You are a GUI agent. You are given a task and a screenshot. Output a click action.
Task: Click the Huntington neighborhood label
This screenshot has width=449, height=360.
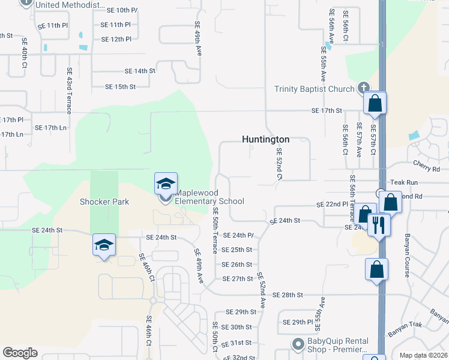pos(265,139)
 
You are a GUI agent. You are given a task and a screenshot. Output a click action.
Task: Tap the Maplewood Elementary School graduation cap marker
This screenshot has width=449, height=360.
pos(166,184)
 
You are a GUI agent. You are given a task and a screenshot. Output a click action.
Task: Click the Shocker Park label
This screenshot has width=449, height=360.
pos(104,202)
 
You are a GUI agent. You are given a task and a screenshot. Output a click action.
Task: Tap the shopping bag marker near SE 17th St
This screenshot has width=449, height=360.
pos(375,103)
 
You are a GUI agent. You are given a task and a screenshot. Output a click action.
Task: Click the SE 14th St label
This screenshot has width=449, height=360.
pos(140,71)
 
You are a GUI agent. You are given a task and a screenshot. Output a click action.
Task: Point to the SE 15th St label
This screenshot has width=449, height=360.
pos(121,87)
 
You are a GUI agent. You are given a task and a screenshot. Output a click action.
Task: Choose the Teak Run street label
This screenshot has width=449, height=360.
pos(403,182)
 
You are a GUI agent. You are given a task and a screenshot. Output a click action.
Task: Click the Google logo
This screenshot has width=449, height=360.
pos(20,352)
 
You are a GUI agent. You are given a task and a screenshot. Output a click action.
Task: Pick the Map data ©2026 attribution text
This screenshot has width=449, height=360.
pos(423,355)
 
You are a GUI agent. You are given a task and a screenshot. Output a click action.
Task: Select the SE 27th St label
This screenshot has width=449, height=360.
pos(238,279)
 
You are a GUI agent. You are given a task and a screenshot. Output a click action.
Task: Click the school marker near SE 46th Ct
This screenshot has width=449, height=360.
pos(104,245)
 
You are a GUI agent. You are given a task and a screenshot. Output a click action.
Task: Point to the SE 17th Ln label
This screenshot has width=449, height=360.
pos(50,128)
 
